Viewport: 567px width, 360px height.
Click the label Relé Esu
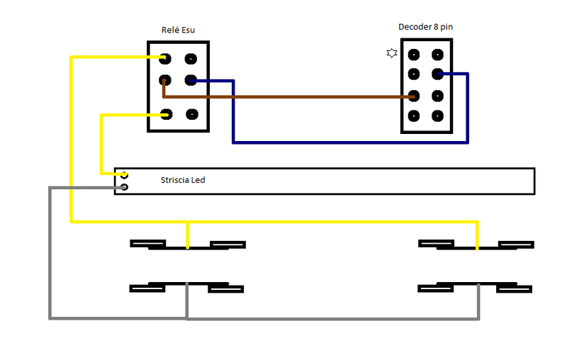178,30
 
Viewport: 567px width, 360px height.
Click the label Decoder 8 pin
425,27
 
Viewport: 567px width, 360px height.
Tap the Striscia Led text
183,181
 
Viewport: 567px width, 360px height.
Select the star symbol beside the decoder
391,53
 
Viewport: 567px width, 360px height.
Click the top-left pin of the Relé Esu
165,60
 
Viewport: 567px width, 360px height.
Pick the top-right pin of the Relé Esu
191,60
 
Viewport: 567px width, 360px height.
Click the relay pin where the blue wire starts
191,80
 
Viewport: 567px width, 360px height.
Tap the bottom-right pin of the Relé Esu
191,113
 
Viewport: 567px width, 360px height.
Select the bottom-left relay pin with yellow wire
166,113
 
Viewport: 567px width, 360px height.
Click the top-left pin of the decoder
413,54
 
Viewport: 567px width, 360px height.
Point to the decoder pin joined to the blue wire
438,73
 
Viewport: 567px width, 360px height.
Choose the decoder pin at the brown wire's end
413,96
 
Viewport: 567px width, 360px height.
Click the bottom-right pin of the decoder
438,116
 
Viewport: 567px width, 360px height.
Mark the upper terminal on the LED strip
124,174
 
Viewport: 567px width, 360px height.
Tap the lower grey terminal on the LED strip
124,187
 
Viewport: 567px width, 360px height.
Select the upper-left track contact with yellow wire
187,245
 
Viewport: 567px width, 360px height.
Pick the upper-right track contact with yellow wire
476,245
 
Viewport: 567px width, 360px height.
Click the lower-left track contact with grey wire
187,288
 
